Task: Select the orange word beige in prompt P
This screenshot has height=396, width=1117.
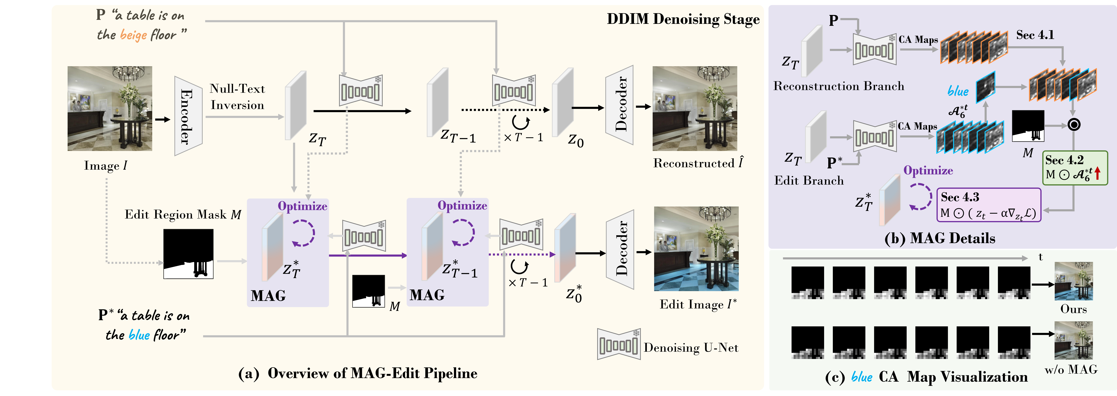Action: click(133, 35)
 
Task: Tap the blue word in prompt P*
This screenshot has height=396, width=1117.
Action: click(139, 335)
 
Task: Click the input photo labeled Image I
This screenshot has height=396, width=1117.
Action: click(110, 109)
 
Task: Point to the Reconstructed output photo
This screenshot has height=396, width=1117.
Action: click(695, 109)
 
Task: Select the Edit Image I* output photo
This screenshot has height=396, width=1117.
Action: click(696, 249)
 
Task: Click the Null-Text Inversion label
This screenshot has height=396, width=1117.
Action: click(237, 97)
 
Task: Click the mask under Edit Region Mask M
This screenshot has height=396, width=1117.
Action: click(188, 254)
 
